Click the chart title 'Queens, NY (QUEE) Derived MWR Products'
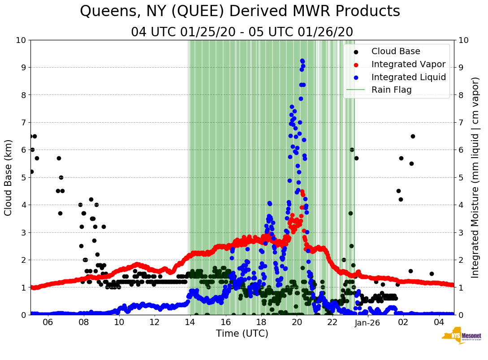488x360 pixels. (x=240, y=12)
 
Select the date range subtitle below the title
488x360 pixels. (x=242, y=32)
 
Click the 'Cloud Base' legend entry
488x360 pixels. (x=396, y=51)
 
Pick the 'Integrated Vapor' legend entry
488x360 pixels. (x=408, y=64)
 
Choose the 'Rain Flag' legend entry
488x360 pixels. (x=391, y=90)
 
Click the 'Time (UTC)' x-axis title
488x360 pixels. (x=242, y=334)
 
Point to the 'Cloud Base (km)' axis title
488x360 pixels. (x=9, y=177)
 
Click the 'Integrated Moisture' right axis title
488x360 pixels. (x=475, y=177)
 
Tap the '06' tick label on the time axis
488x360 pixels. (x=48, y=322)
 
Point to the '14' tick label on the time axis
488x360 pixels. (x=190, y=322)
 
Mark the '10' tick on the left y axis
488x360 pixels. (x=21, y=40)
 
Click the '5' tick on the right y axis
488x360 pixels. (x=460, y=177)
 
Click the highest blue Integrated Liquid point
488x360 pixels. (x=302, y=60)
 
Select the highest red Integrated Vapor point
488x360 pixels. (x=302, y=192)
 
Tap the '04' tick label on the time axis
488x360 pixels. (x=439, y=322)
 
